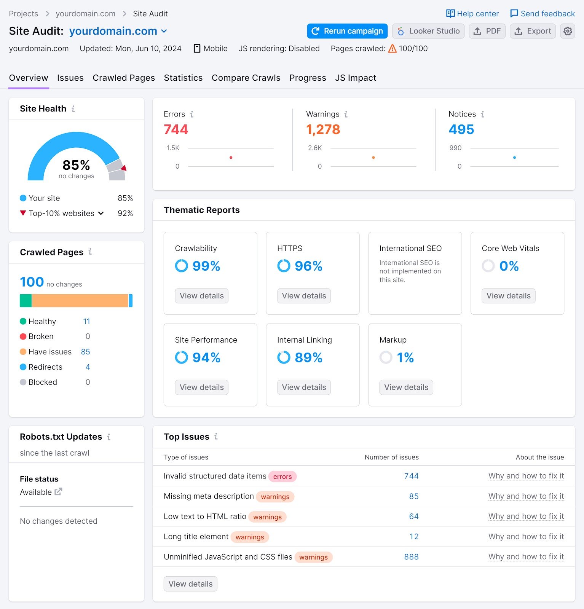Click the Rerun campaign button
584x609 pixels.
(347, 31)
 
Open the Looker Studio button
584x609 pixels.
(428, 31)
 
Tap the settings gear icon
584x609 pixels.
(567, 31)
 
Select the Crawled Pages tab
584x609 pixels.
(124, 78)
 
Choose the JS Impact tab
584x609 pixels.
(355, 78)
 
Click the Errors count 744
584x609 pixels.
(176, 129)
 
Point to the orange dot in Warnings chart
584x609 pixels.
(373, 158)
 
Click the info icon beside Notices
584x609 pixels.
(482, 114)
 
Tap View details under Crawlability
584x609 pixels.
(201, 296)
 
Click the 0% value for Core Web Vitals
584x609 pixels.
(509, 266)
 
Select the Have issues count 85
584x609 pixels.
(85, 352)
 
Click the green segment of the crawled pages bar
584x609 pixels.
(26, 301)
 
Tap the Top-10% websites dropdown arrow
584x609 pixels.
(101, 214)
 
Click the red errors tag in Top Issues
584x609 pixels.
(282, 477)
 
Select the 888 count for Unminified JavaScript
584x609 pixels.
(411, 557)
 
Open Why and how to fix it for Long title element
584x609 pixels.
(526, 537)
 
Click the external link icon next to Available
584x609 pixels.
(58, 492)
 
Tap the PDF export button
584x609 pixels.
(487, 31)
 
